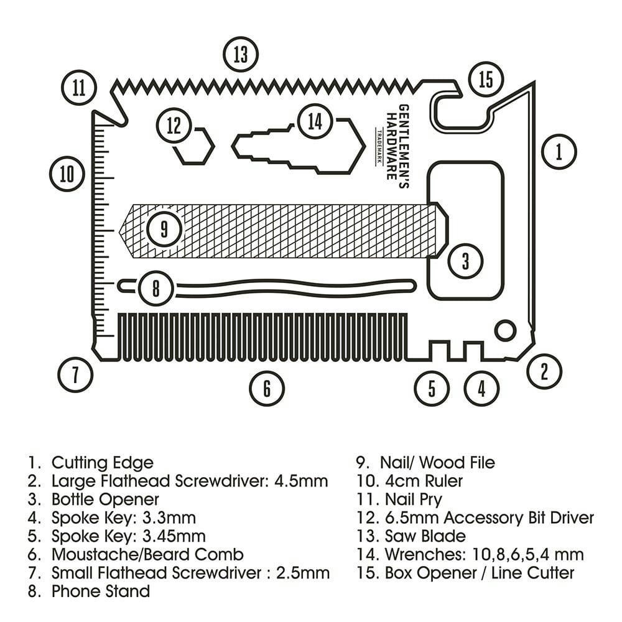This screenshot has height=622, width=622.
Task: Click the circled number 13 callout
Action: pyautogui.click(x=241, y=55)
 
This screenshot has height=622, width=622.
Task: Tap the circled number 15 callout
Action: pyautogui.click(x=486, y=79)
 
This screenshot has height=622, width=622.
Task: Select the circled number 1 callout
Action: pyautogui.click(x=559, y=151)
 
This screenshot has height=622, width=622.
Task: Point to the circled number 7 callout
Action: pyautogui.click(x=75, y=374)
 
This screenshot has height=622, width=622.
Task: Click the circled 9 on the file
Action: pyautogui.click(x=164, y=229)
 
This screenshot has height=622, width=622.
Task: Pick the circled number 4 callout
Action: pyautogui.click(x=481, y=388)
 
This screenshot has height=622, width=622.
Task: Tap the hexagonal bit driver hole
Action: pyautogui.click(x=193, y=147)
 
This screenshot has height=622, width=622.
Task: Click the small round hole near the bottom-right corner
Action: pyautogui.click(x=505, y=330)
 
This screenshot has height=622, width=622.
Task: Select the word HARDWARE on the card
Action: pyautogui.click(x=391, y=142)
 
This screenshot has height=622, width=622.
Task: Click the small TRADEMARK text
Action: pyautogui.click(x=379, y=146)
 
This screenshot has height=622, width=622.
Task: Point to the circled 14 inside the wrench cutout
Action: pyautogui.click(x=315, y=121)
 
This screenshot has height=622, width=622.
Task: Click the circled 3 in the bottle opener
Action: pyautogui.click(x=465, y=261)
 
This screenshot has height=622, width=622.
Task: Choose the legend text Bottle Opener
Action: pyautogui.click(x=105, y=499)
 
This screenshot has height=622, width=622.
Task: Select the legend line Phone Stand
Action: pyautogui.click(x=100, y=590)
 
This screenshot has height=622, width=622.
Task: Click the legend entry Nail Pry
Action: pyautogui.click(x=414, y=499)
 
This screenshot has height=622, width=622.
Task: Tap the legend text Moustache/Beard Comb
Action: pyautogui.click(x=147, y=554)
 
